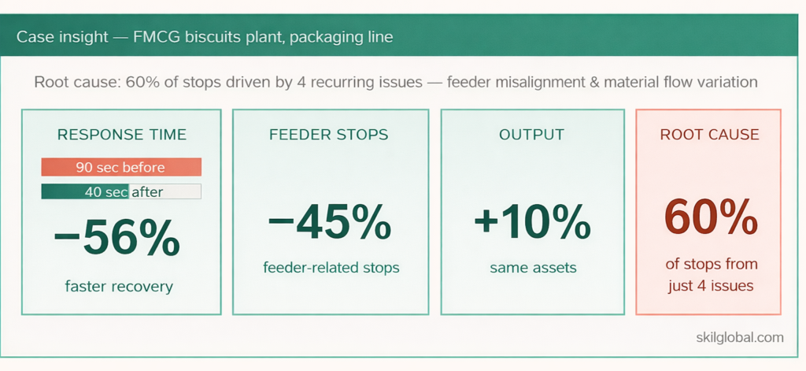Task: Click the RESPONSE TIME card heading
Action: (x=121, y=135)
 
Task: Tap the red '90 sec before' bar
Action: (x=121, y=167)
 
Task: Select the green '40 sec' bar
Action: (x=84, y=191)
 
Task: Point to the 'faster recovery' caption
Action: (x=119, y=286)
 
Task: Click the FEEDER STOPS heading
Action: (x=330, y=135)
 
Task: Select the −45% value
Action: (x=329, y=225)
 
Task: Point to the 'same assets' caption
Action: (x=533, y=268)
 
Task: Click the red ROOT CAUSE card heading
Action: (x=709, y=135)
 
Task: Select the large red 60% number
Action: (x=708, y=217)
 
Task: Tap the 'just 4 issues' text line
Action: (x=709, y=286)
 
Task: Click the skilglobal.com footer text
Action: (x=740, y=337)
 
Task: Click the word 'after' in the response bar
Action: (x=147, y=191)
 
